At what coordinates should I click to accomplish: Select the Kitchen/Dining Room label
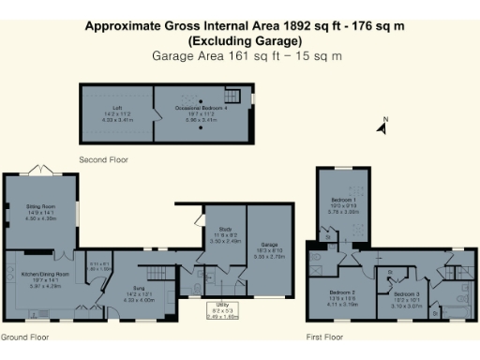coord(39,275)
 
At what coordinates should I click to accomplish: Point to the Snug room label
coord(139,294)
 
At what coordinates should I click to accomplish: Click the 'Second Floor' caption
coord(103,159)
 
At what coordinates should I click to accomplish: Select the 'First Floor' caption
coord(325,336)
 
